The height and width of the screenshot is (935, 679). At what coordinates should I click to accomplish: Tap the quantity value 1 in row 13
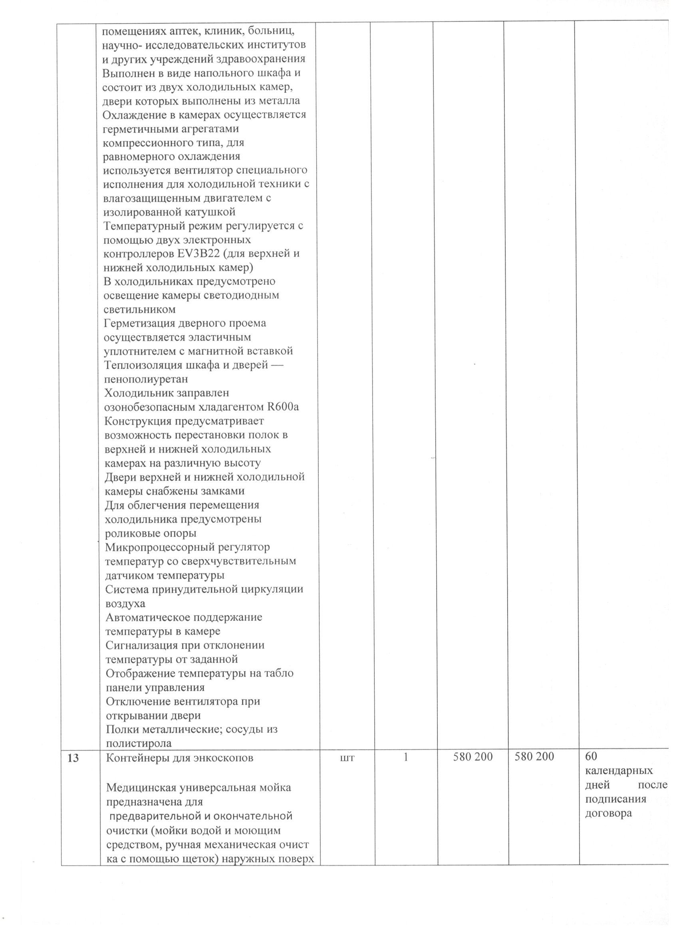tap(405, 758)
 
